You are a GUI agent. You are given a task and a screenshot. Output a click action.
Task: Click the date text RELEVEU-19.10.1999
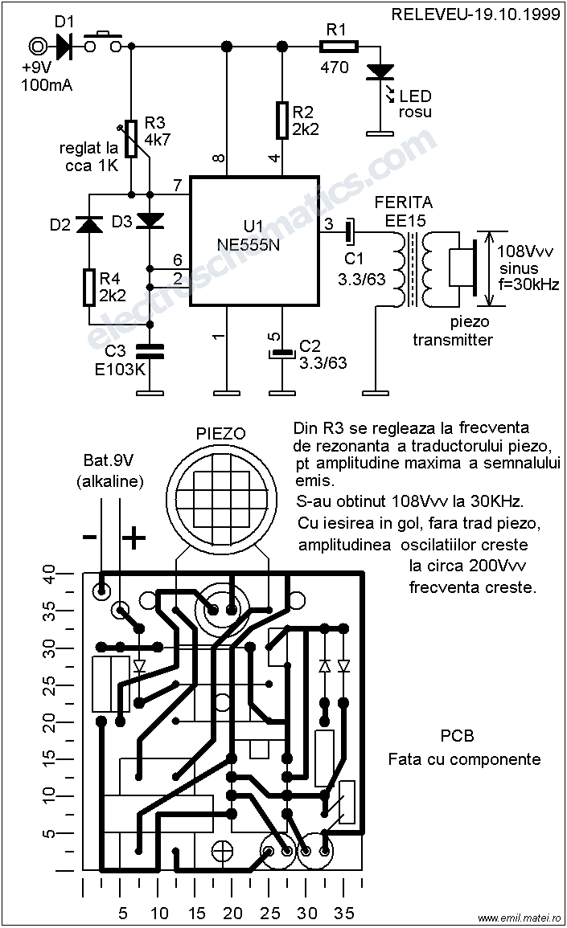coord(475,14)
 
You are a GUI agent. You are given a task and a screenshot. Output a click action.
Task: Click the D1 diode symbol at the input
coord(64,46)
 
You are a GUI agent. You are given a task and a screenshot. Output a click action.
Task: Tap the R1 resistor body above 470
coord(339,46)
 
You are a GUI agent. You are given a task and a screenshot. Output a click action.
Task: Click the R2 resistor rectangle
coord(282,121)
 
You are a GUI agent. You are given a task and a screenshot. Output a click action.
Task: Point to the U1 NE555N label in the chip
coord(249,235)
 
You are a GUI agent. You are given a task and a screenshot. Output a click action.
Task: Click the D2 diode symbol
coord(89,223)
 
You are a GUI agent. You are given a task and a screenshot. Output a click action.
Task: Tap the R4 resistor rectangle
coord(89,287)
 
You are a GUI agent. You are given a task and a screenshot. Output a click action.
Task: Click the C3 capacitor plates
coord(150,351)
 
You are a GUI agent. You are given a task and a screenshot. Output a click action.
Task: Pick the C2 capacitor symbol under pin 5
coord(282,354)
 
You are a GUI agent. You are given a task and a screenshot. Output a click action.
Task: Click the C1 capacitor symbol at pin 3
coord(350,231)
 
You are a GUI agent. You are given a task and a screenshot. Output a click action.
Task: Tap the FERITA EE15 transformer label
coord(404,211)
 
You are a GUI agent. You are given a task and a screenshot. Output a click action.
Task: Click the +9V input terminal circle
coord(37,46)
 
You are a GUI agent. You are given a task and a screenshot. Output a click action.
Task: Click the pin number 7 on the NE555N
coord(177,186)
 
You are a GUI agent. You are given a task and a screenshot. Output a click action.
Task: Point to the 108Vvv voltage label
coord(525,251)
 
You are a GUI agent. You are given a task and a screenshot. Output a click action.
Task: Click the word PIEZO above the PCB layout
coord(220,434)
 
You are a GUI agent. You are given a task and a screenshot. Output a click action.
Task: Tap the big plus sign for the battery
coord(134,538)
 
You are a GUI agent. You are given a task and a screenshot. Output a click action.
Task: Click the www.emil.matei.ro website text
coord(519,918)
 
